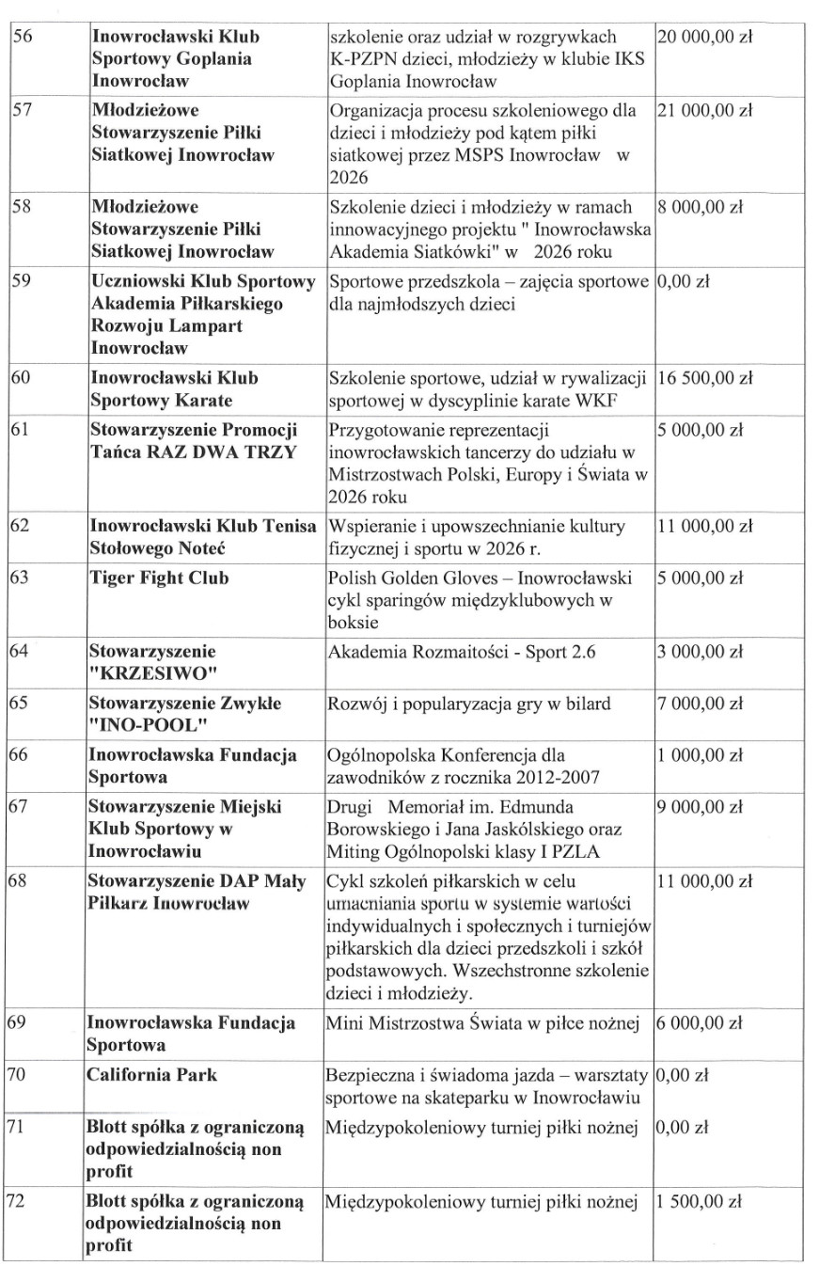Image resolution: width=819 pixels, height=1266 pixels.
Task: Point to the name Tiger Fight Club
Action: pos(159,578)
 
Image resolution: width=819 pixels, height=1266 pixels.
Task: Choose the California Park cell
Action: pos(151,1075)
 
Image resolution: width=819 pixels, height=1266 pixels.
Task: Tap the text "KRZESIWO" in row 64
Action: pos(142,671)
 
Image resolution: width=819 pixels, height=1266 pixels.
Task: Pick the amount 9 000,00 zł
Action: pos(701,806)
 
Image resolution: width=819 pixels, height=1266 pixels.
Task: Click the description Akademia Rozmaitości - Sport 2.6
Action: pos(454,651)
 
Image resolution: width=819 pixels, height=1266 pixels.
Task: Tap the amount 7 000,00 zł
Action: pos(701,704)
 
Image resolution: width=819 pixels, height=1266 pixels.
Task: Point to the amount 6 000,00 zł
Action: pos(701,1023)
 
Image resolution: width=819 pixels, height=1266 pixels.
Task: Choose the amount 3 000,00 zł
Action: pos(701,651)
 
